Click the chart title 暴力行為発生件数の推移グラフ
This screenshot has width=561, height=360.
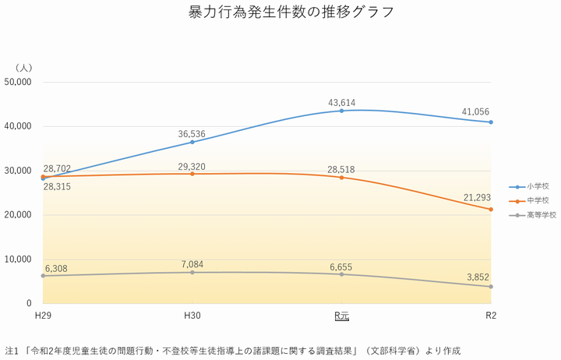click(x=280, y=13)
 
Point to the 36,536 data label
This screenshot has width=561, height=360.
click(x=192, y=133)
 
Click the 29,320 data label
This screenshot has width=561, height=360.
click(x=192, y=167)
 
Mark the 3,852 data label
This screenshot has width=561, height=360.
click(x=478, y=277)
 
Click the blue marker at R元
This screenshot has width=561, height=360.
click(x=341, y=111)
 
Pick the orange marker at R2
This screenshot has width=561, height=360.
click(x=491, y=209)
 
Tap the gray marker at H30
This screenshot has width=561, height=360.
click(x=192, y=272)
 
